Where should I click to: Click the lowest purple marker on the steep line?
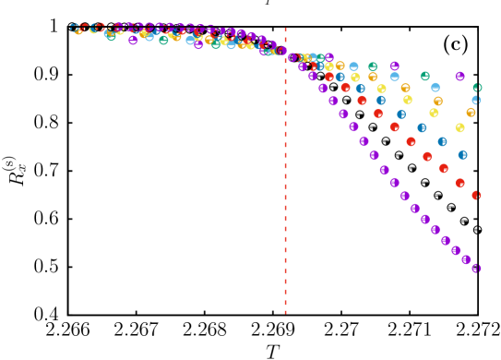(476, 269)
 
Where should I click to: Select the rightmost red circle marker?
(476, 195)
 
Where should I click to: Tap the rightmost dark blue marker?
(462, 155)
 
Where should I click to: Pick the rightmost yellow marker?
(459, 127)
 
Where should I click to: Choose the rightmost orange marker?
(471, 113)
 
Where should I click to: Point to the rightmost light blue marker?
(476, 100)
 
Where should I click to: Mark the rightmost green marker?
(477, 88)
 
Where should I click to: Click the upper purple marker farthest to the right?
(459, 77)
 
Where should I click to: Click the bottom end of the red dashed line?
(285, 314)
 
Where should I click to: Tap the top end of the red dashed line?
(285, 28)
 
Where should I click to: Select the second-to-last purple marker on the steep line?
(466, 259)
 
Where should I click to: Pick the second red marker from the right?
(459, 183)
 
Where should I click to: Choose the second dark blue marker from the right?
(442, 141)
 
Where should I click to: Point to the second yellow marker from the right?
(434, 113)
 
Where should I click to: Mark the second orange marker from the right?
(437, 101)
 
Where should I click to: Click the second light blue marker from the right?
(435, 88)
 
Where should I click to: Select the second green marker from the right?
(424, 77)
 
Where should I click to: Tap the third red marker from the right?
(443, 169)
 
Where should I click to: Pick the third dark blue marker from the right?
(422, 128)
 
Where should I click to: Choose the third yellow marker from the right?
(407, 100)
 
